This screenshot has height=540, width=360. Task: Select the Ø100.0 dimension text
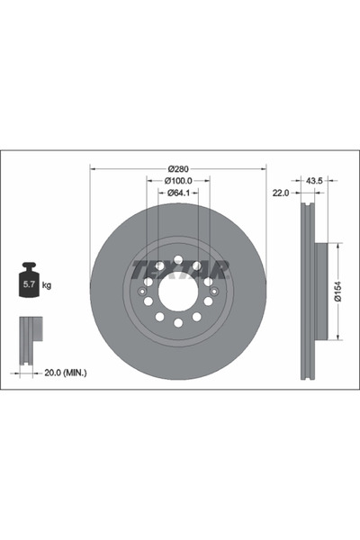(178, 180)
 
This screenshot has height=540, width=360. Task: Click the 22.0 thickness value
(280, 191)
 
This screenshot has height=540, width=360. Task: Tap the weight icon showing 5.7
(29, 283)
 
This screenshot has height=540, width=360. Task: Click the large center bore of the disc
(178, 291)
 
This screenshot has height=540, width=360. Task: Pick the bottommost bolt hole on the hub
(178, 322)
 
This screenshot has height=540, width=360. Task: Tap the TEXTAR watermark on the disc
(180, 268)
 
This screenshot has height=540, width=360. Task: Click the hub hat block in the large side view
(320, 292)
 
